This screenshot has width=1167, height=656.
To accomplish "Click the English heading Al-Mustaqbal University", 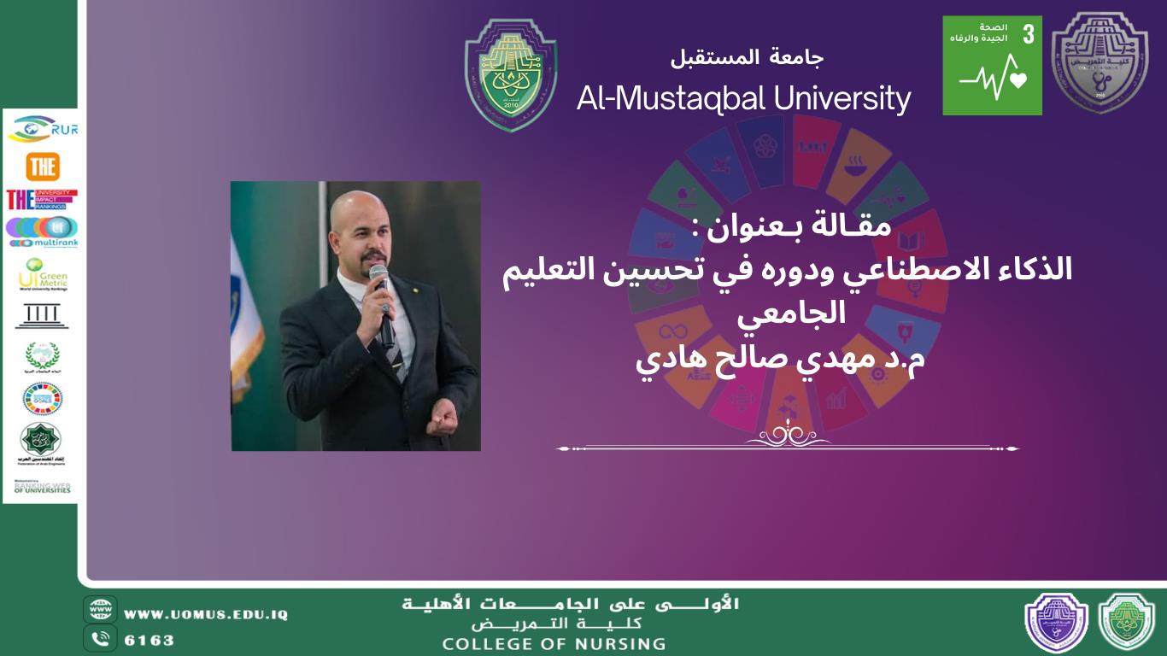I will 743,98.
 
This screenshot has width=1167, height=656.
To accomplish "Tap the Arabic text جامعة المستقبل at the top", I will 747,58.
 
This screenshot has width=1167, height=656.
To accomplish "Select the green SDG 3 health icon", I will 992,66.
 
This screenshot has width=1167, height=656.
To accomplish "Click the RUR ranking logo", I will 42,128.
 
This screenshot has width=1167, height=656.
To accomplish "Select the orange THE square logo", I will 42,167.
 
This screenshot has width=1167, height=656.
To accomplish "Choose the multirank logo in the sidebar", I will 42,231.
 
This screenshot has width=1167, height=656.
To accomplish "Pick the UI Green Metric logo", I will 42,275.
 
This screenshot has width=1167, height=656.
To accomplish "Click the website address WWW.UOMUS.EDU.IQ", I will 206,614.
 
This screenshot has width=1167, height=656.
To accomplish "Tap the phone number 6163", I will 150,640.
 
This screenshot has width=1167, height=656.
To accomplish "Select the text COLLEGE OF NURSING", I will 554,644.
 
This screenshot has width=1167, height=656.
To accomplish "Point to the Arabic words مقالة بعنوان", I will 789,227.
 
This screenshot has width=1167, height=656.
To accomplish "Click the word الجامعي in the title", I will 791,313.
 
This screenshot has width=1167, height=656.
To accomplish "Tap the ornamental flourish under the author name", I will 787,436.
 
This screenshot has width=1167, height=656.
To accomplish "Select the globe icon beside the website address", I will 101,610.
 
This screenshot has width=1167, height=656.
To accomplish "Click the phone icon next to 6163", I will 101,638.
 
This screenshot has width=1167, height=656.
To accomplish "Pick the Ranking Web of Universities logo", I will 42,488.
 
